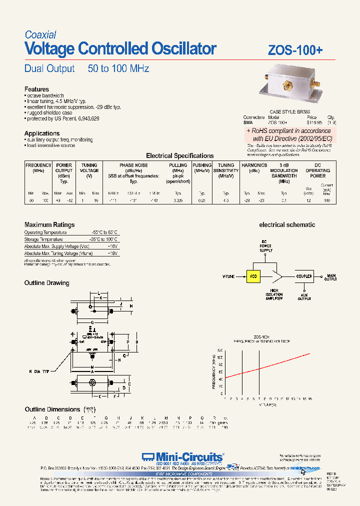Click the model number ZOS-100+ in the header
pyautogui.click(x=295, y=50)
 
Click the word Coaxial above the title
pyautogui.click(x=40, y=35)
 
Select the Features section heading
pyautogui.click(x=36, y=89)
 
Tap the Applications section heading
pyautogui.click(x=42, y=133)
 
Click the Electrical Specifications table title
pyautogui.click(x=179, y=156)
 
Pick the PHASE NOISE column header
pyautogui.click(x=133, y=165)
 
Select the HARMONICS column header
pyautogui.click(x=254, y=165)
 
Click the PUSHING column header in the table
pyautogui.click(x=202, y=165)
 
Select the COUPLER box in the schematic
pyautogui.click(x=304, y=276)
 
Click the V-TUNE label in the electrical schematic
pyautogui.click(x=229, y=276)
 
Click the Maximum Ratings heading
pyautogui.click(x=49, y=225)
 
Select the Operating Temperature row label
pyautogui.click(x=45, y=232)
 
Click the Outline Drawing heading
pyautogui.click(x=47, y=283)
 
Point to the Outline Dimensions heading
pyautogui.click(x=52, y=409)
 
